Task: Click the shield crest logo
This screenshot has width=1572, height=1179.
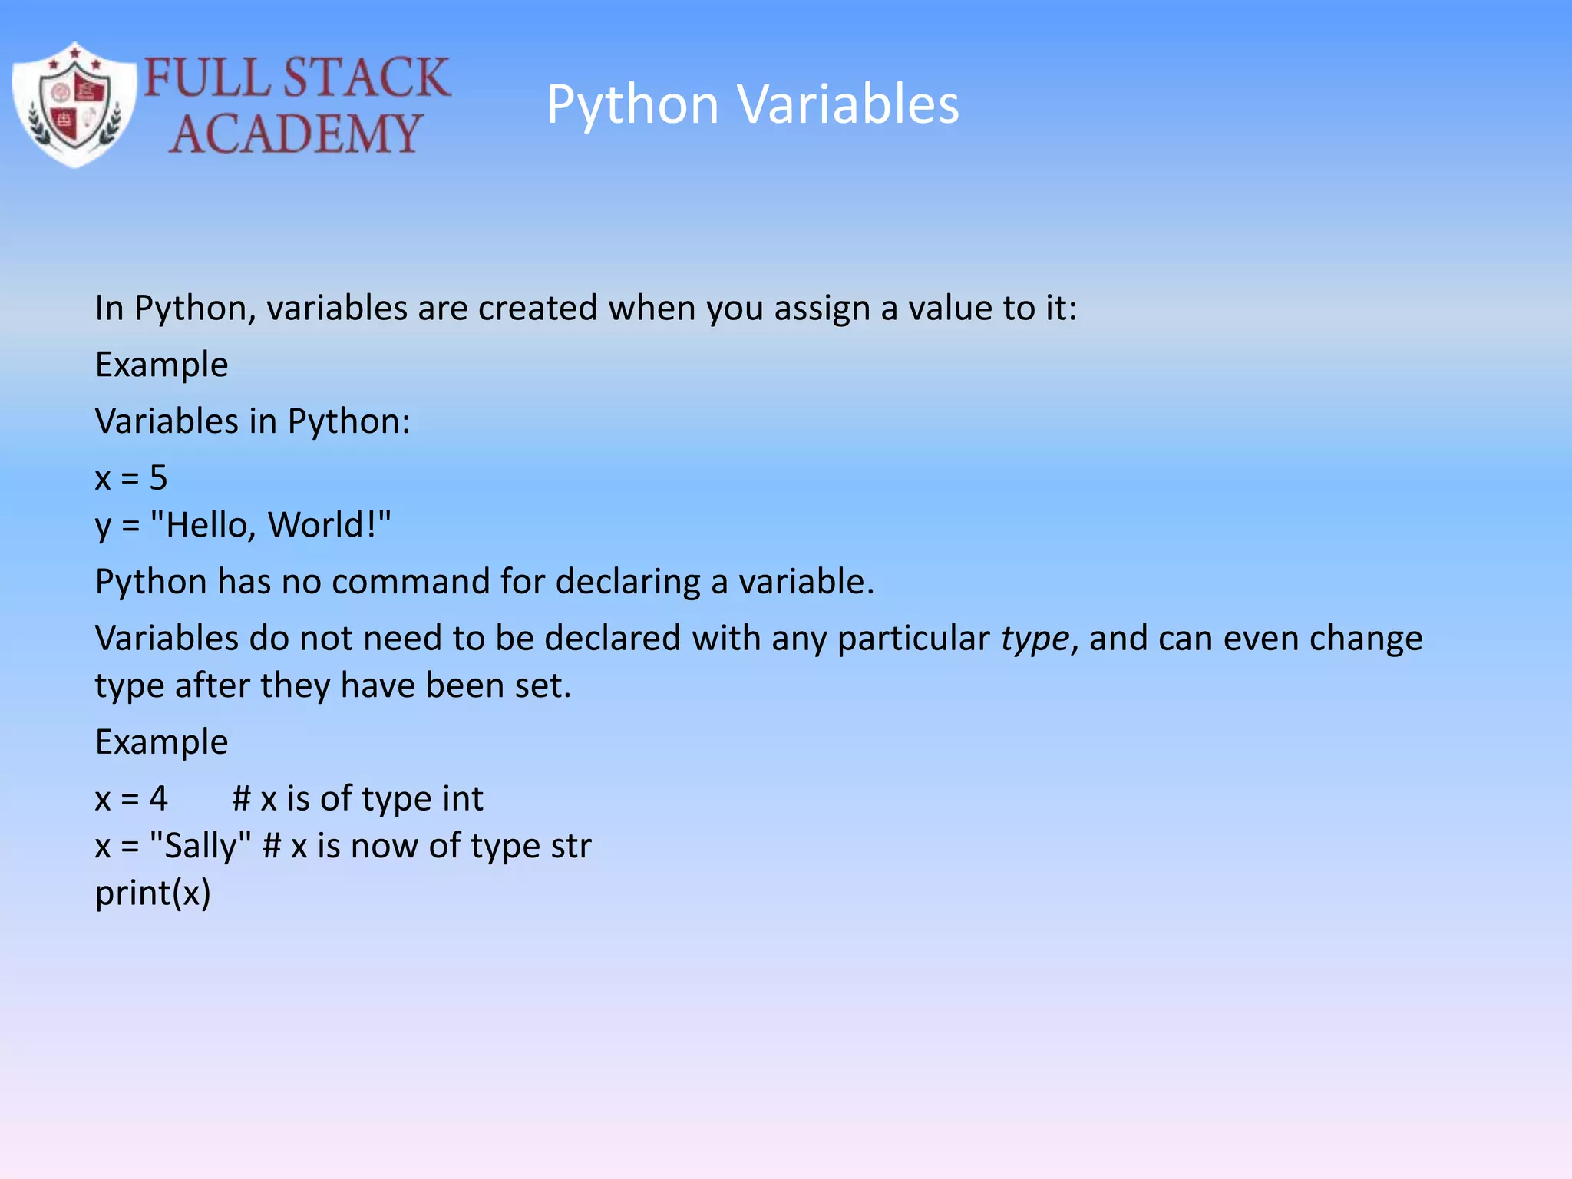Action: point(74,105)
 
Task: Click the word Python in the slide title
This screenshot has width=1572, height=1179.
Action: point(632,105)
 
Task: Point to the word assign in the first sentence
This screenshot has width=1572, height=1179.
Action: point(821,309)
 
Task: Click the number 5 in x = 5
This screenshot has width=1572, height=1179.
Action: point(158,478)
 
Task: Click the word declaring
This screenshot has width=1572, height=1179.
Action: point(627,582)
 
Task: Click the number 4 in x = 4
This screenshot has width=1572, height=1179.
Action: point(158,799)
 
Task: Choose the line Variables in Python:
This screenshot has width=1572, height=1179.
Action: point(253,421)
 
